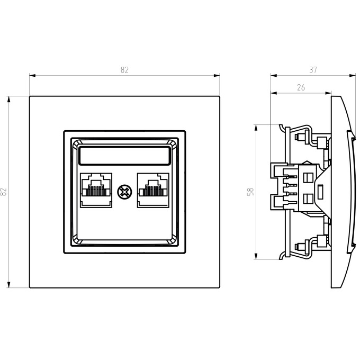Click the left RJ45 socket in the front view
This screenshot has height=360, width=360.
pos(96,191)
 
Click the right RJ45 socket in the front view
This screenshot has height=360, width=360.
pos(153,191)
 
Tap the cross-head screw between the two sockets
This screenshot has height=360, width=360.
pos(124,192)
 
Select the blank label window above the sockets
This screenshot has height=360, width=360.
pos(124,156)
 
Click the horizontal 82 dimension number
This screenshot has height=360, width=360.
pos(124,70)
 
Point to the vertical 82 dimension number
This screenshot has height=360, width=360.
pos(4,192)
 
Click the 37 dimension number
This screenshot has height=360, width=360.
pos(313,70)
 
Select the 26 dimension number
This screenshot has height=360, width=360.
pos(301,87)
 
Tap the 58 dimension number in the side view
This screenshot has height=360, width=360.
pos(251,192)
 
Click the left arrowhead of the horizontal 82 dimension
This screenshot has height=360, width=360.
pos(32,76)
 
